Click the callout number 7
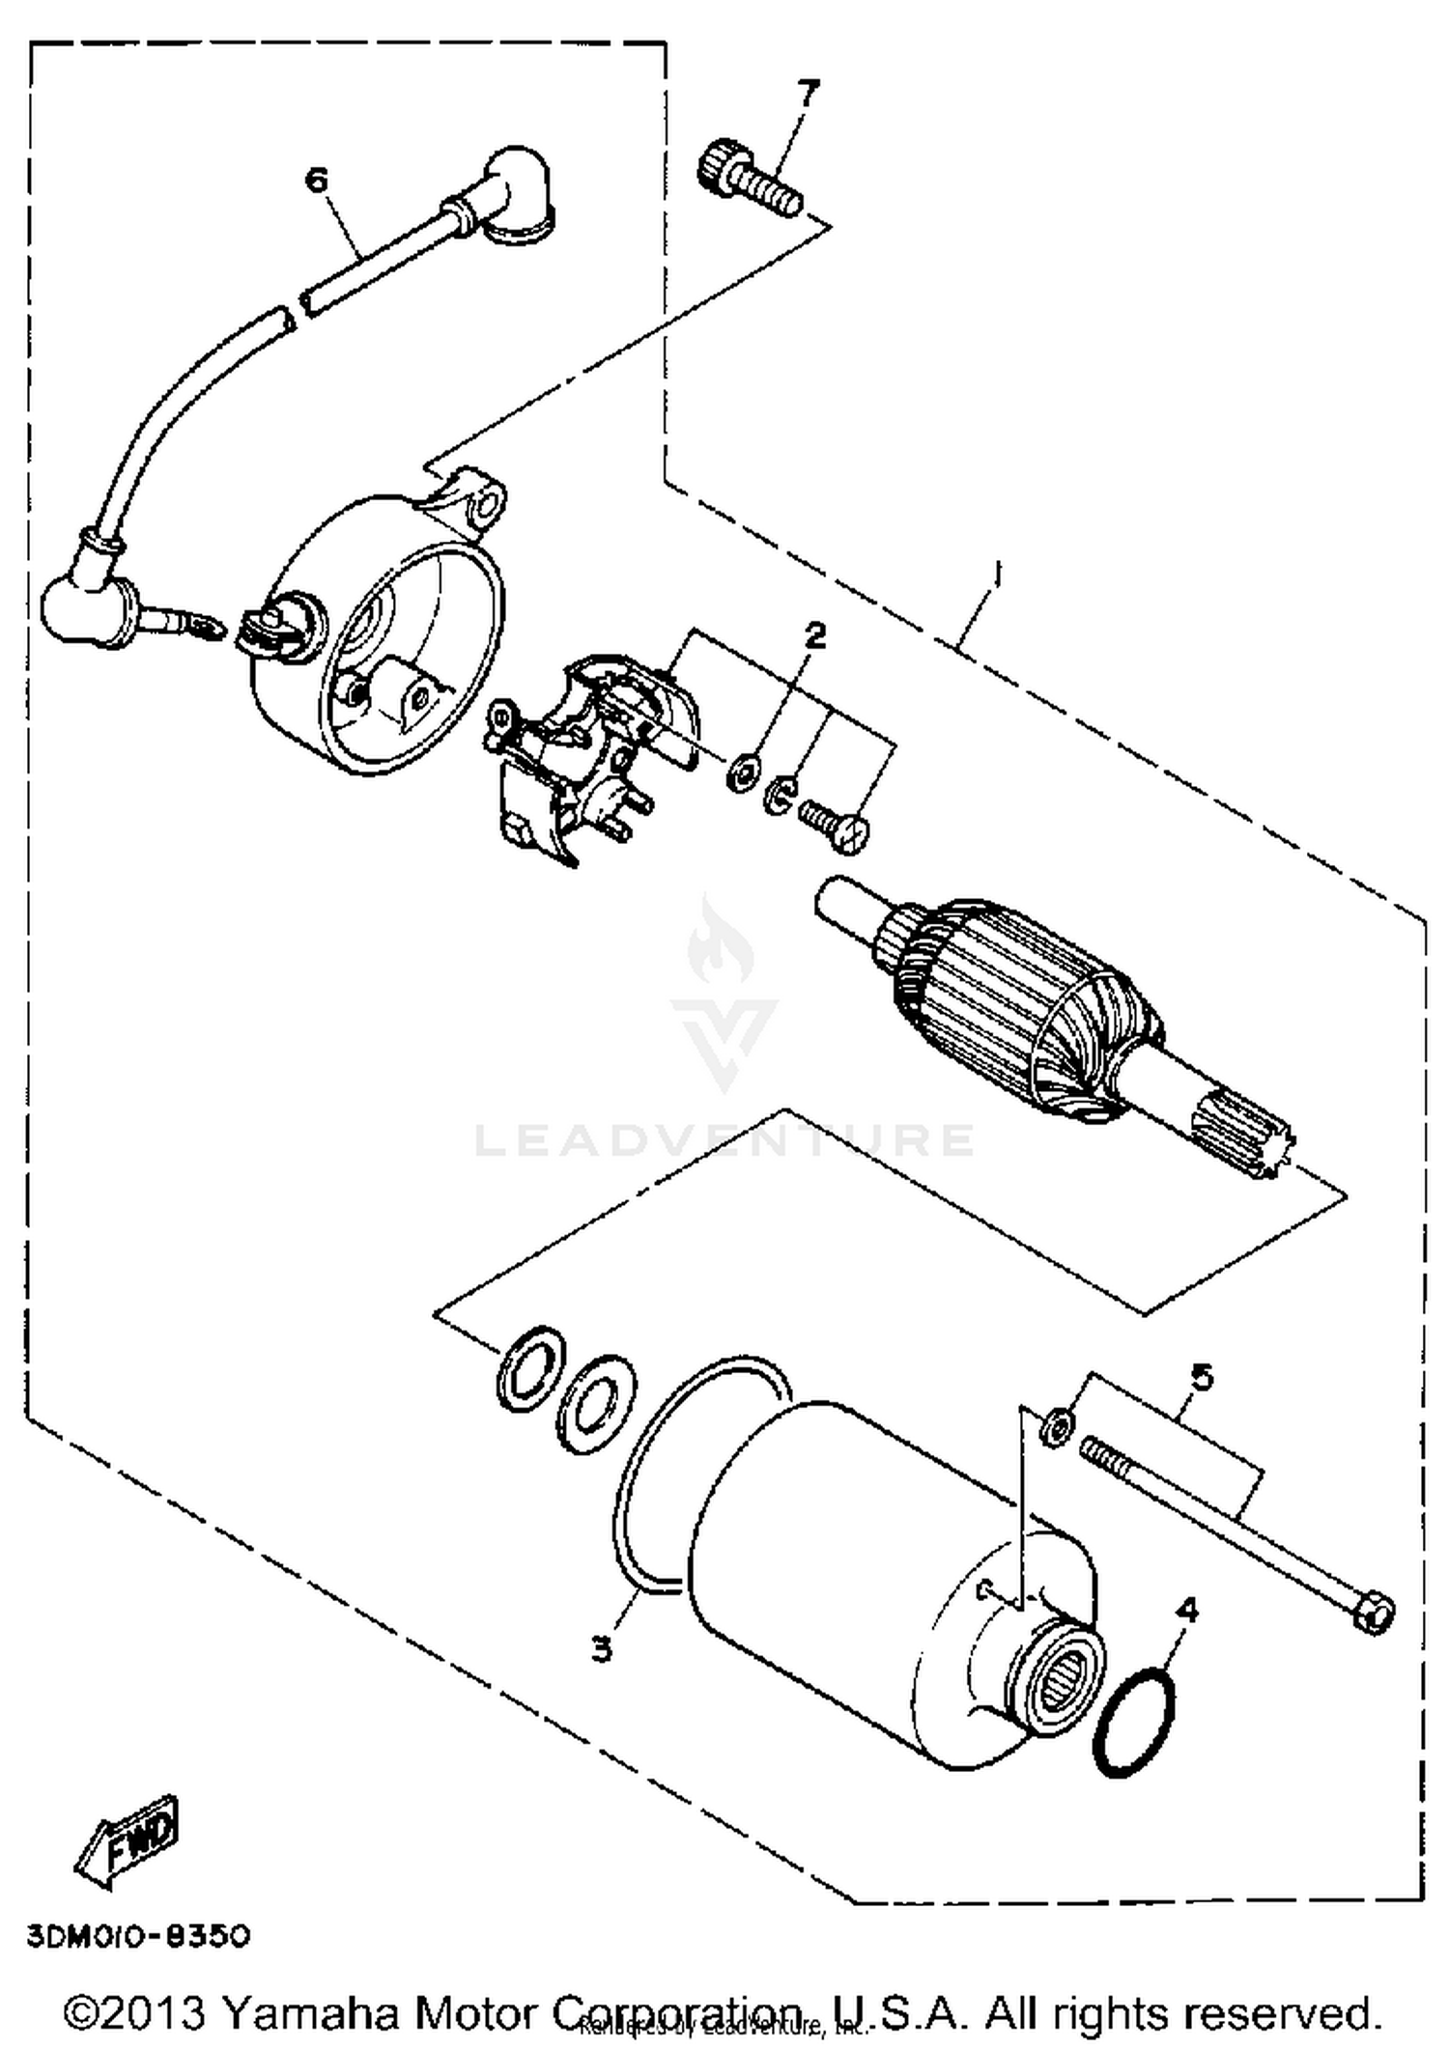point(808,93)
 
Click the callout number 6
point(317,181)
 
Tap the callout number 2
point(815,635)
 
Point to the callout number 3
point(602,1648)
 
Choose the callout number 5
point(1201,1378)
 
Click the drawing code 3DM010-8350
point(138,1936)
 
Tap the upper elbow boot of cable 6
point(520,196)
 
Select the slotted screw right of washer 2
point(835,824)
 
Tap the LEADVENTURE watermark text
point(724,1139)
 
